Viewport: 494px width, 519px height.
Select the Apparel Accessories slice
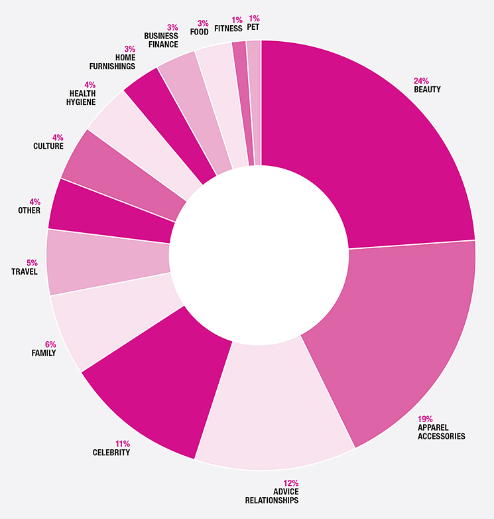point(398,332)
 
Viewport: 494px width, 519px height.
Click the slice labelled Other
point(106,212)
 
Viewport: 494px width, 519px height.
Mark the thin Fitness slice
point(243,100)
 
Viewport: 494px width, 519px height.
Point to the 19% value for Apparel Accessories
point(425,419)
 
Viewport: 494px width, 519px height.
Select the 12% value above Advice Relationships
point(290,483)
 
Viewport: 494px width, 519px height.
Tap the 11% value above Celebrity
point(122,443)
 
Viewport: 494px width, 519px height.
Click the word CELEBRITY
point(111,453)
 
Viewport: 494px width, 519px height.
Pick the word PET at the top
point(253,29)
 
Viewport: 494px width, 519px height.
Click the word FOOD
point(199,32)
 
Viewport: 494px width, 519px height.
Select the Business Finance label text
point(161,40)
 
